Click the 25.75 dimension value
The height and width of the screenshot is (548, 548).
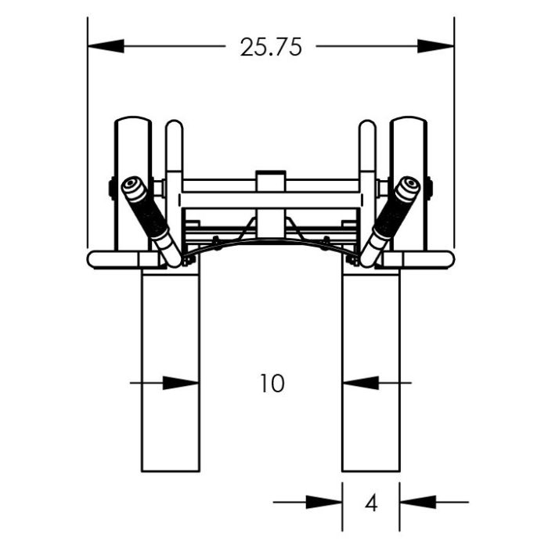coord(271,47)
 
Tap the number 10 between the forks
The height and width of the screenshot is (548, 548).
coord(272,384)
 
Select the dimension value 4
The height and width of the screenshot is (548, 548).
coord(371,503)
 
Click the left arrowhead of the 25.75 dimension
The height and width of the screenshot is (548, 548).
coord(106,46)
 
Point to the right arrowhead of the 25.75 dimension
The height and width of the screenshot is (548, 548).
coord(436,46)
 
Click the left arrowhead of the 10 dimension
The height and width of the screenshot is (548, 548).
coord(181,383)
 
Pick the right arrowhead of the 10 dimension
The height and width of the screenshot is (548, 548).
coord(361,383)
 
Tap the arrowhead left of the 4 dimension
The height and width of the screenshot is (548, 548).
coord(324,503)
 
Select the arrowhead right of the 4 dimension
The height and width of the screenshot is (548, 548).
coord(418,503)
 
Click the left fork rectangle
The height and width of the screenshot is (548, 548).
coord(171,370)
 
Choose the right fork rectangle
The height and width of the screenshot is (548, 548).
coord(371,370)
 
